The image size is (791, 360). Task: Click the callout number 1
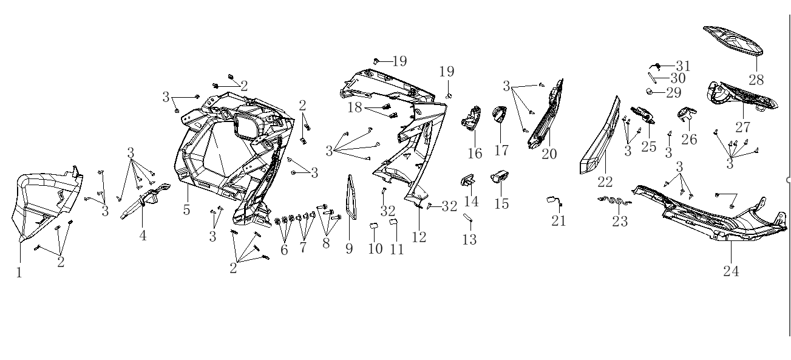pyautogui.click(x=19, y=273)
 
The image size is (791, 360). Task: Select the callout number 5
pyautogui.click(x=186, y=210)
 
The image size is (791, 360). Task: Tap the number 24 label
pyautogui.click(x=731, y=271)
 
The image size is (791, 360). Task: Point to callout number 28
pyautogui.click(x=756, y=80)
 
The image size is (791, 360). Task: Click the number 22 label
pyautogui.click(x=605, y=181)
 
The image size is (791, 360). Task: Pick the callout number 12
pyautogui.click(x=419, y=237)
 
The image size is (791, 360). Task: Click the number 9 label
pyautogui.click(x=349, y=248)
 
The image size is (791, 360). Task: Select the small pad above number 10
pyautogui.click(x=375, y=226)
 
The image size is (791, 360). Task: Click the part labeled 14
pyautogui.click(x=468, y=180)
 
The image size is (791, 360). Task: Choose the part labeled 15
pyautogui.click(x=500, y=177)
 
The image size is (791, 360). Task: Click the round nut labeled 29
pyautogui.click(x=650, y=92)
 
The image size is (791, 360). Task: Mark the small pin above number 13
pyautogui.click(x=468, y=218)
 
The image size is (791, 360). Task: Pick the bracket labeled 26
pyautogui.click(x=686, y=113)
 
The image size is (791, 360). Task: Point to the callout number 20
pyautogui.click(x=549, y=154)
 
